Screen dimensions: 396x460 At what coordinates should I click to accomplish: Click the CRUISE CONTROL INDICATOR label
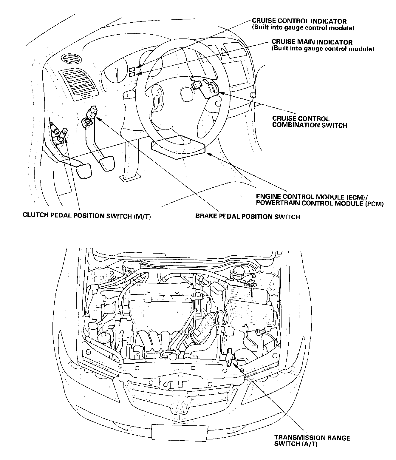[303, 24]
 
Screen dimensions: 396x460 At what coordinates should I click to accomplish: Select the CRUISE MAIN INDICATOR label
[323, 45]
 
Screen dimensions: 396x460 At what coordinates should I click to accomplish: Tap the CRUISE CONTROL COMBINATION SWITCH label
[310, 122]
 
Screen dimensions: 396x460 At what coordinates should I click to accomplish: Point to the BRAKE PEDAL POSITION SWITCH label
[247, 217]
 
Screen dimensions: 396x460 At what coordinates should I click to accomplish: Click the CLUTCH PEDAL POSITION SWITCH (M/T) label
[87, 216]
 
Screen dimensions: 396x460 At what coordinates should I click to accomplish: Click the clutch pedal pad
[84, 171]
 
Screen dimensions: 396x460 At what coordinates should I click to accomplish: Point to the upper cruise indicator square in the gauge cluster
[132, 70]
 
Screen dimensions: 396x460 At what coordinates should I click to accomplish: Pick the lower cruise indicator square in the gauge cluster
[132, 74]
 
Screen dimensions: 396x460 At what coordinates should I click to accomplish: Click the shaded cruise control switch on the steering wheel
[205, 87]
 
